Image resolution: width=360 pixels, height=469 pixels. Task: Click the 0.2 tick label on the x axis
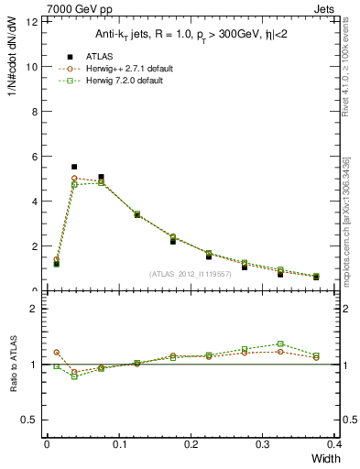tap(191, 443)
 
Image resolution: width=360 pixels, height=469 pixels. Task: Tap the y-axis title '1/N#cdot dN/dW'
tap(12, 55)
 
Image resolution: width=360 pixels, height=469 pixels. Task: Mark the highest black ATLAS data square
tap(74, 168)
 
